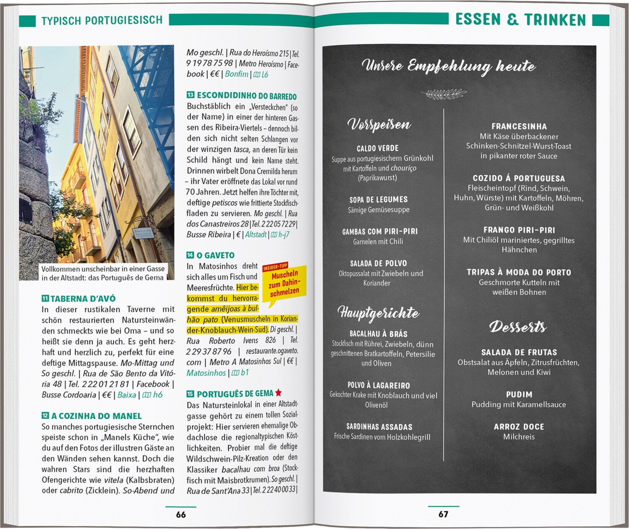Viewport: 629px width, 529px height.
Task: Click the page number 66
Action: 181,514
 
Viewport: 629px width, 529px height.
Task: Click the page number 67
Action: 443,514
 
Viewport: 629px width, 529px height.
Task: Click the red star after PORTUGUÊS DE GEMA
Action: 278,393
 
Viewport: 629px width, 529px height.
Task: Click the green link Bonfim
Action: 237,74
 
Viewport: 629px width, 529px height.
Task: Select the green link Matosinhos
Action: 206,373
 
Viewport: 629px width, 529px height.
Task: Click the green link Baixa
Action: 127,394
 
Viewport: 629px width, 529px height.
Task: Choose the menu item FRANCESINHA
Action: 519,126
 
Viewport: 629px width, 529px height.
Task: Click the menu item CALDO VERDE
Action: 377,148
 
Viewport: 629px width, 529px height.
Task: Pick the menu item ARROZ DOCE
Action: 519,426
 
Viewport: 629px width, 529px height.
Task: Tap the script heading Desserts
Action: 518,327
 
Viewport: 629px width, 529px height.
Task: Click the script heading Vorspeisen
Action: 379,124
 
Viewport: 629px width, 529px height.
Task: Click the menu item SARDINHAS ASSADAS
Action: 379,427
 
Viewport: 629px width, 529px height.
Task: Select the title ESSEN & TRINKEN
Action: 520,19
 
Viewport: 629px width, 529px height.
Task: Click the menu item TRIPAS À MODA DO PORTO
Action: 519,272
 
